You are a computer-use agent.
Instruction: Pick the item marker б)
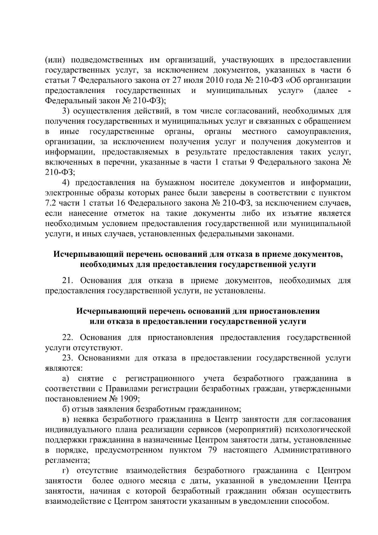tap(66, 409)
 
